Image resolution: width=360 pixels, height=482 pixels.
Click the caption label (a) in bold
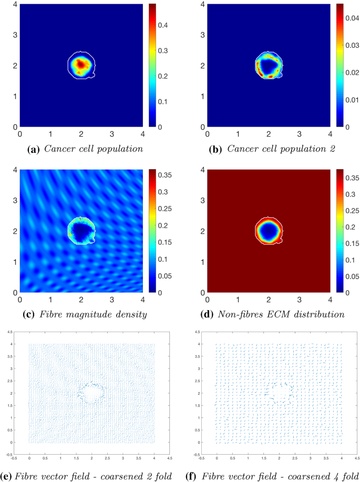pyautogui.click(x=34, y=149)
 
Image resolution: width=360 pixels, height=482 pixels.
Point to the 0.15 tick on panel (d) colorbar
pyautogui.click(x=347, y=243)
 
